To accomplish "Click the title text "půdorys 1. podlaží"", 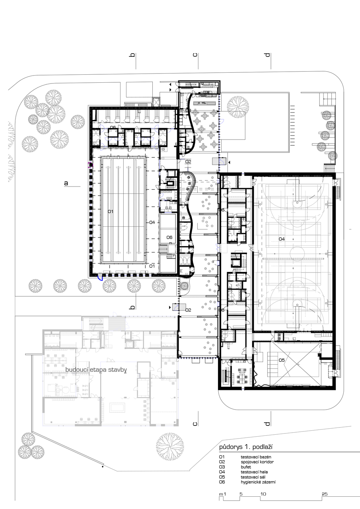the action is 246,447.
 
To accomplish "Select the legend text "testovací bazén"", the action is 256,457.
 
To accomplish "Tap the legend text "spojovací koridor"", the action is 257,462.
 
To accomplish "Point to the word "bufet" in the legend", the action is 246,467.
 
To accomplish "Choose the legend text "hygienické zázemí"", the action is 258,482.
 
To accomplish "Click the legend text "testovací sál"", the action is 253,477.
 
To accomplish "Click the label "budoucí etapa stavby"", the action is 96,370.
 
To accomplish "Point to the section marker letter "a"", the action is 66,183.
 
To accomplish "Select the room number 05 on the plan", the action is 282,360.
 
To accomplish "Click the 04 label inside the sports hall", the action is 282,239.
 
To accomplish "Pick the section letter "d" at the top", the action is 268,54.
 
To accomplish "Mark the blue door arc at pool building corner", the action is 100,278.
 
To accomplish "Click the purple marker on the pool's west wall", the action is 90,165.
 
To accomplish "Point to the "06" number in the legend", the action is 222,482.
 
